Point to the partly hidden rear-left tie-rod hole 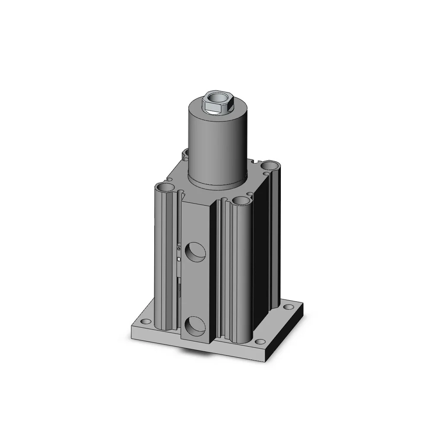pos(186,152)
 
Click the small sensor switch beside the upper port pos(178,248)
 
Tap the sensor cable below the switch pos(178,287)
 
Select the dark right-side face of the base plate pos(289,333)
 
